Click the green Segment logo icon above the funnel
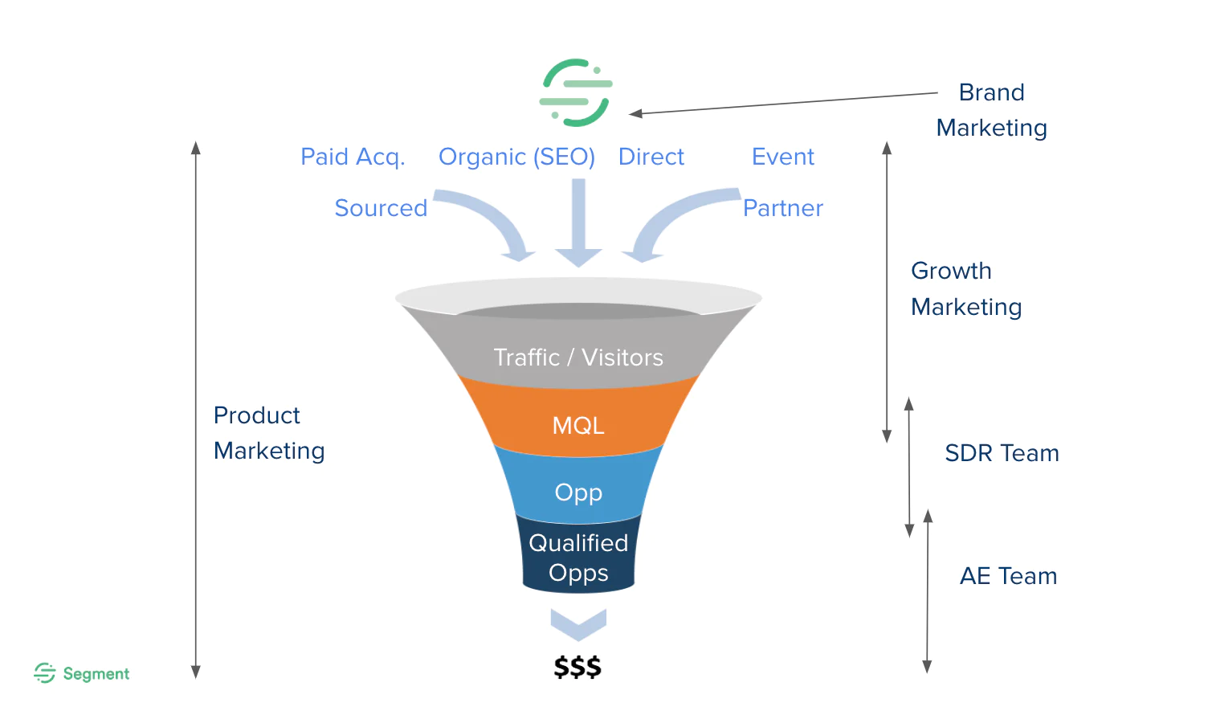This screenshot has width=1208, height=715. (576, 92)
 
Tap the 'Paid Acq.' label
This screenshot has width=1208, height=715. (353, 157)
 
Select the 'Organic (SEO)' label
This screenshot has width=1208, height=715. (516, 157)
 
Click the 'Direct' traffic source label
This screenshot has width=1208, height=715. (651, 157)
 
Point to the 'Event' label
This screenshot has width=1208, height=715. (782, 157)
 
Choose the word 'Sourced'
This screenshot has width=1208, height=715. (381, 208)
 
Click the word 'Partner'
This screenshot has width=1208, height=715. (782, 208)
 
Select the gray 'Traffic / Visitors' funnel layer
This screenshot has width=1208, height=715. (578, 357)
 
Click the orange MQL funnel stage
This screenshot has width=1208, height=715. (578, 425)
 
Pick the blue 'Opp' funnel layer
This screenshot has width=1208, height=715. (578, 492)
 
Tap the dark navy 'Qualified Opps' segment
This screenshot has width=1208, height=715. (578, 558)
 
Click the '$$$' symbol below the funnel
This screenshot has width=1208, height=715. (577, 667)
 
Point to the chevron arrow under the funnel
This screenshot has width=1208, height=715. (578, 623)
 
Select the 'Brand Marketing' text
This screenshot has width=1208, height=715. (991, 110)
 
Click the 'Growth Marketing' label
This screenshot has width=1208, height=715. (965, 288)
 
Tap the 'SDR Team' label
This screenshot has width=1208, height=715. (1002, 453)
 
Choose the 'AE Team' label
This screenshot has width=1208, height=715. (1008, 576)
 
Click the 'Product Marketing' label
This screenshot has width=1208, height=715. (268, 433)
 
